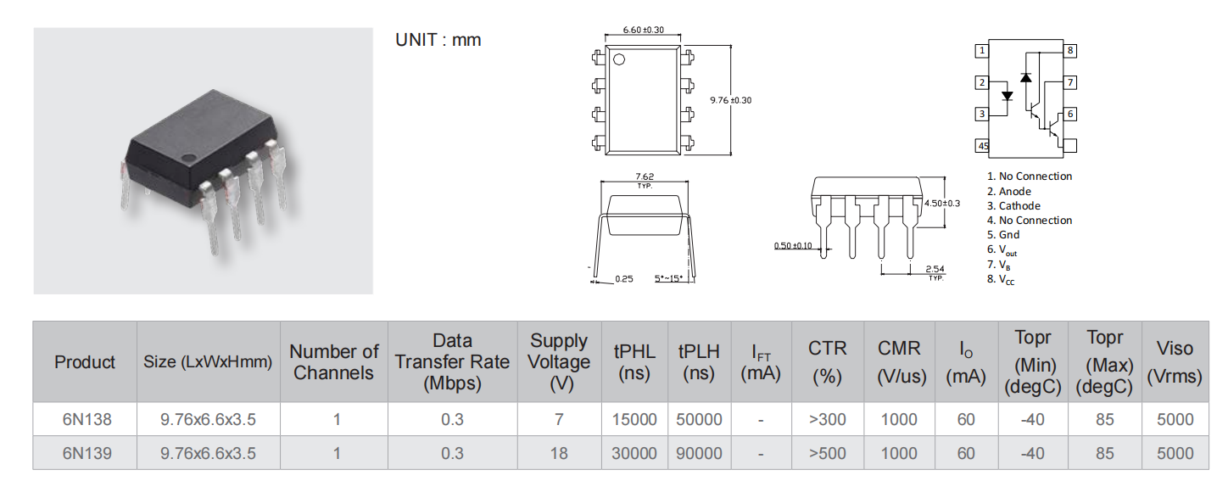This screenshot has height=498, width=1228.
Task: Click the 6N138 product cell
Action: pyautogui.click(x=87, y=420)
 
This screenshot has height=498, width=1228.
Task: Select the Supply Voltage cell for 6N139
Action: pyautogui.click(x=559, y=453)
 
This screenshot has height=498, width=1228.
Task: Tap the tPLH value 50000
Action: pyautogui.click(x=699, y=420)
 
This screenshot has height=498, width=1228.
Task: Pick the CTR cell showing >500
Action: pyautogui.click(x=827, y=453)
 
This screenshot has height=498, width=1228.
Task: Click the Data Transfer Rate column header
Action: pyautogui.click(x=452, y=362)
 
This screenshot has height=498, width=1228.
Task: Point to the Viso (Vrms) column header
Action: pyautogui.click(x=1175, y=362)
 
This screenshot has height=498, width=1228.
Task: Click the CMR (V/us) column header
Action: pyautogui.click(x=899, y=362)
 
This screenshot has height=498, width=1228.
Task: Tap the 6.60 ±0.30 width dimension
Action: pyautogui.click(x=643, y=30)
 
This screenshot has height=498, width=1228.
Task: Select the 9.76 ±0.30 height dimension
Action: pyautogui.click(x=731, y=100)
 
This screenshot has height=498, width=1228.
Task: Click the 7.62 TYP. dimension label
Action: pyautogui.click(x=645, y=180)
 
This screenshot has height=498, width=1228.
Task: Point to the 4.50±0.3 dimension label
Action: pyautogui.click(x=942, y=204)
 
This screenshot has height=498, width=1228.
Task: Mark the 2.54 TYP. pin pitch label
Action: pyautogui.click(x=935, y=272)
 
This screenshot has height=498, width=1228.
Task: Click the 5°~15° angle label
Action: pyautogui.click(x=669, y=278)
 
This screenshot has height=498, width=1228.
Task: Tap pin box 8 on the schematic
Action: pyautogui.click(x=1069, y=50)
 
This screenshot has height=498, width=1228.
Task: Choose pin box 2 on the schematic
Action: pyautogui.click(x=982, y=83)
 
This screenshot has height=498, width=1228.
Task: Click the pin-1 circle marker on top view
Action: pyautogui.click(x=619, y=59)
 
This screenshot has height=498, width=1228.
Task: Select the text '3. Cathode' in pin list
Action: pyautogui.click(x=1013, y=205)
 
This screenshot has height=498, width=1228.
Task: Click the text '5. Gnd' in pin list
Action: pyautogui.click(x=1003, y=235)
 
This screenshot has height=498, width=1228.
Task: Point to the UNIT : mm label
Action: pyautogui.click(x=438, y=40)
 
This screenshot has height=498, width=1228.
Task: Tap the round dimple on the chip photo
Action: pyautogui.click(x=189, y=159)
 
